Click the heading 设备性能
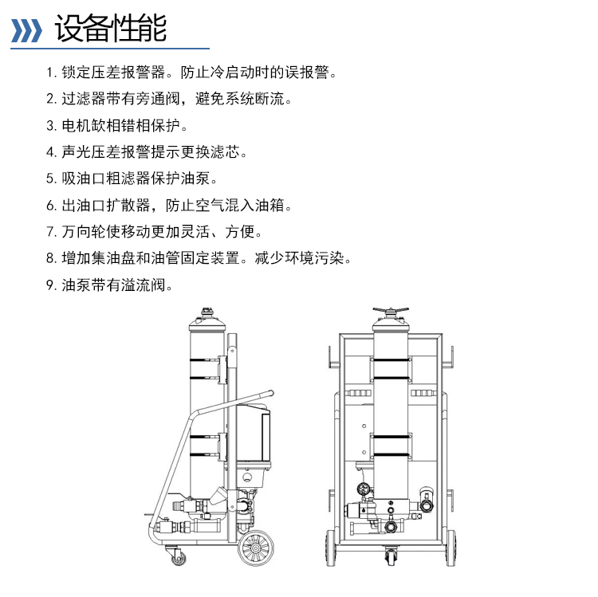(111, 28)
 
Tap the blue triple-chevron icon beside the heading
(26, 30)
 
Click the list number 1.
(51, 72)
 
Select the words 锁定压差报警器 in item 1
(113, 72)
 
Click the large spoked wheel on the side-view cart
(256, 548)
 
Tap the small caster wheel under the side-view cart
(179, 559)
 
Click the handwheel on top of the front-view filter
(391, 310)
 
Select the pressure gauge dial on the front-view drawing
(364, 489)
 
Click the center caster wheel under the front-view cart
(391, 556)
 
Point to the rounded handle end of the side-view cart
(271, 393)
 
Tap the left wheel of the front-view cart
(330, 548)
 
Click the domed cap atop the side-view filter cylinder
(207, 322)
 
